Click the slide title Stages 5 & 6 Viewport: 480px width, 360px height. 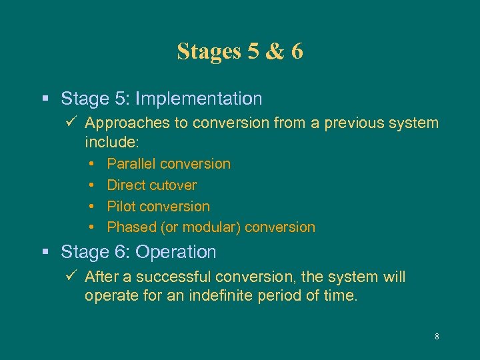click(x=240, y=51)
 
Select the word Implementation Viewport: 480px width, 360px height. click(x=199, y=99)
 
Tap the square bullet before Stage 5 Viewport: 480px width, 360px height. click(x=45, y=99)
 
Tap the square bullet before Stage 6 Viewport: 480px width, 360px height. click(x=45, y=253)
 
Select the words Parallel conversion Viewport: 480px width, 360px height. click(x=169, y=164)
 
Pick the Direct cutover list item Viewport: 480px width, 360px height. click(x=151, y=185)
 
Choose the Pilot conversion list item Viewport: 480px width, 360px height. click(x=158, y=207)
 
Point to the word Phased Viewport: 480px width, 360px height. click(x=131, y=227)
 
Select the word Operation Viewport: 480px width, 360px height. click(x=183, y=253)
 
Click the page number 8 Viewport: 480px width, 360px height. click(x=437, y=337)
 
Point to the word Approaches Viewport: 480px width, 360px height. click(x=123, y=123)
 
